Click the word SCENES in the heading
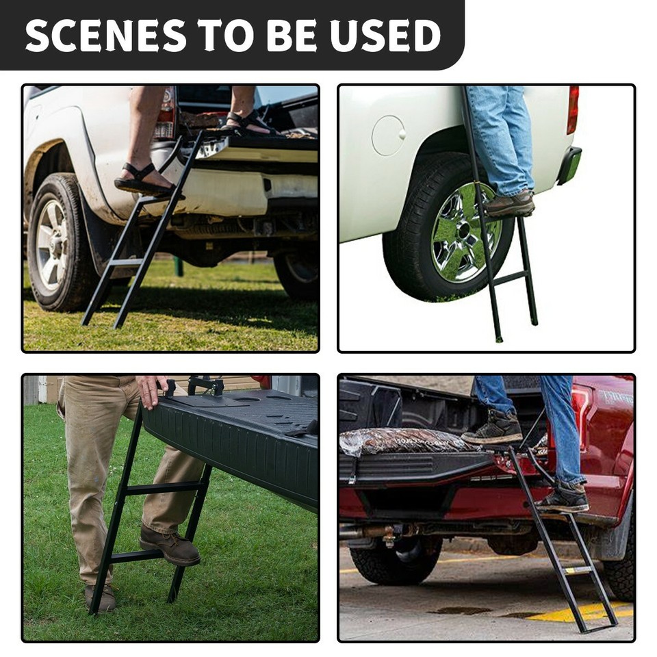pos(105,36)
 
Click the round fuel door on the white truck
pos(388,135)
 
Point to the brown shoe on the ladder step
pos(510,204)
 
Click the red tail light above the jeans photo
pos(573,109)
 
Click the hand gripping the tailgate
pos(151,389)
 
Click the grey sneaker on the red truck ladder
pos(563,498)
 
